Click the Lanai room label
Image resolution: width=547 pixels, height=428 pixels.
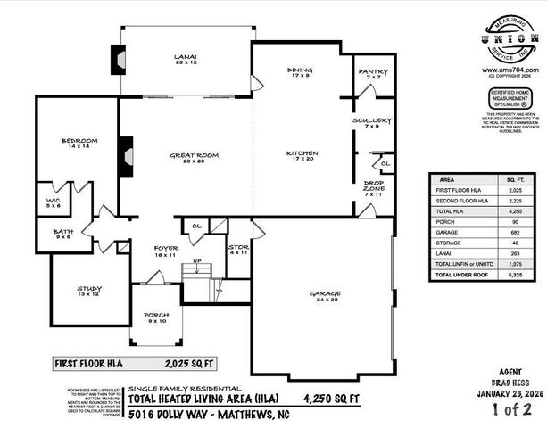click(185, 60)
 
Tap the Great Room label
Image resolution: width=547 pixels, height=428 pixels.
click(194, 159)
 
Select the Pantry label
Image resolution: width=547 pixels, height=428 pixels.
click(370, 74)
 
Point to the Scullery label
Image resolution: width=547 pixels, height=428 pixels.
click(371, 123)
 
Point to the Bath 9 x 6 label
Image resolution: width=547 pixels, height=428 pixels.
click(63, 234)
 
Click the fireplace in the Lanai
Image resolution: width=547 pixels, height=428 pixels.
click(113, 59)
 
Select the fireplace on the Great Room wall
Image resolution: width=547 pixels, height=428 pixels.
click(126, 153)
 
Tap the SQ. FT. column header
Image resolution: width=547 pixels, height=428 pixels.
click(515, 178)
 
